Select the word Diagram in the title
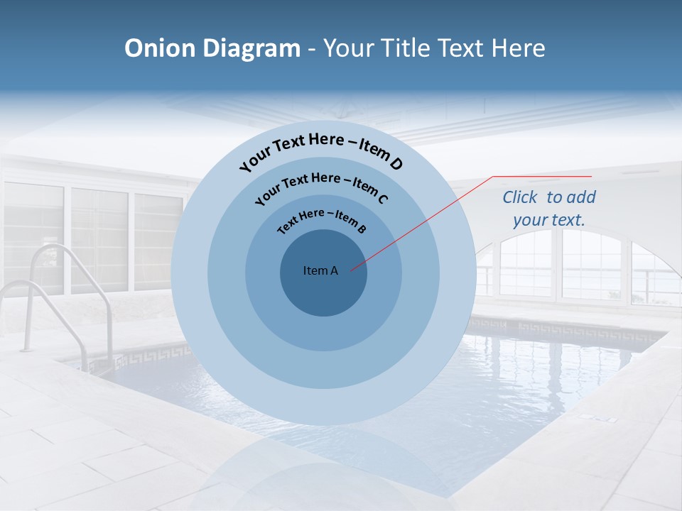(x=251, y=48)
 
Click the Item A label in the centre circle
(x=320, y=270)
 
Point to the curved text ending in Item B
(x=322, y=219)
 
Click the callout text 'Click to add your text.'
(x=549, y=209)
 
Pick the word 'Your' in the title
(x=350, y=48)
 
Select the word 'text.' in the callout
(x=568, y=220)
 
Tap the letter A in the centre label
(x=334, y=270)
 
